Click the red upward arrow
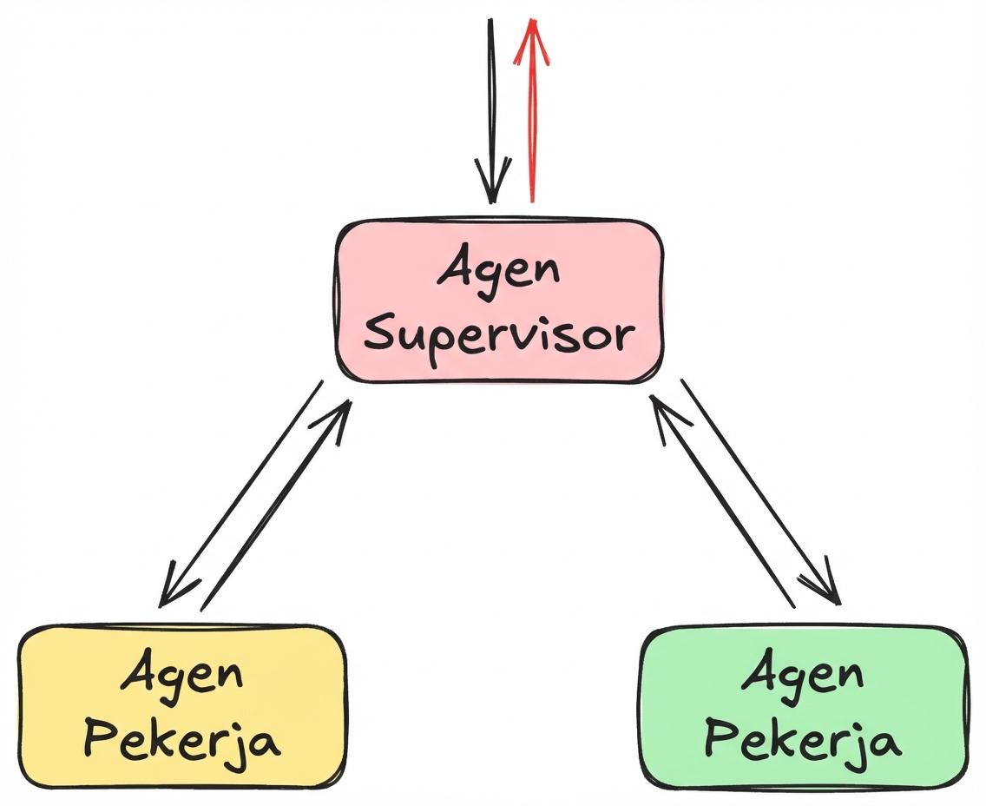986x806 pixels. pyautogui.click(x=532, y=113)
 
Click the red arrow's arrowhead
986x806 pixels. pyautogui.click(x=532, y=39)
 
